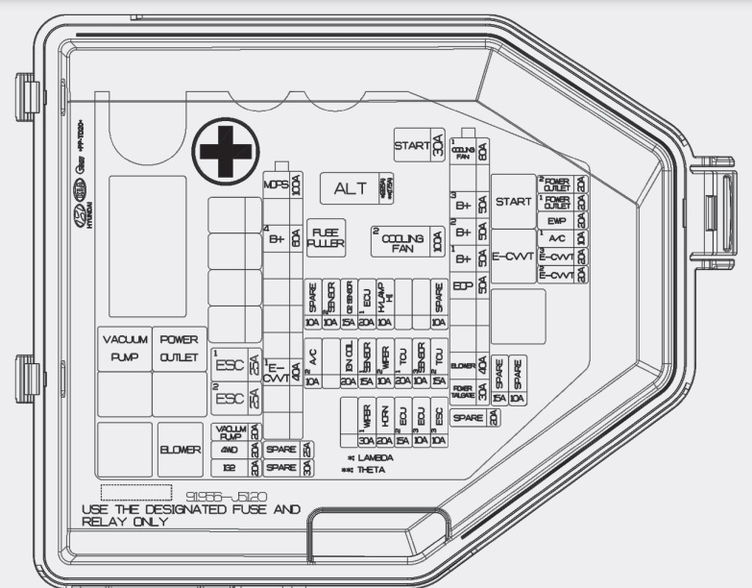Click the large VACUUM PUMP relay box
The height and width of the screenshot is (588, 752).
point(124,349)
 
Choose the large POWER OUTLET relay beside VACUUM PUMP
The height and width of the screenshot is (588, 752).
point(179,349)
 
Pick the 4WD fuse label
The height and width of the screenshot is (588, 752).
point(230,449)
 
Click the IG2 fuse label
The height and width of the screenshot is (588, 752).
point(230,467)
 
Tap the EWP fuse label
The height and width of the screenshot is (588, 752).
point(557,221)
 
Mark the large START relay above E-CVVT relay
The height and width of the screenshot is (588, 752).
point(513,202)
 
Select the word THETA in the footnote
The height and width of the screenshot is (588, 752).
point(371,470)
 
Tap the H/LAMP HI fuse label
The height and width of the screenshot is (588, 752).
point(384,297)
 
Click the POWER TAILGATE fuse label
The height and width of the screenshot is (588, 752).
point(462,391)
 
